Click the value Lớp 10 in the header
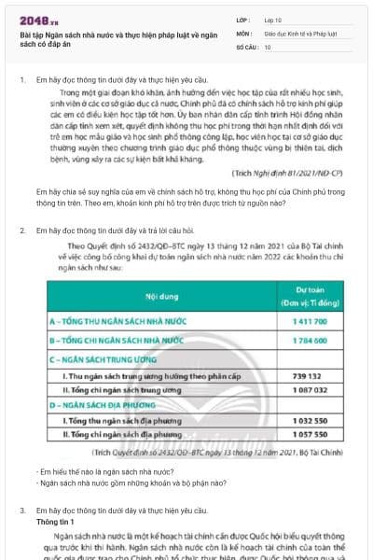click(x=273, y=19)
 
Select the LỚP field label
click(x=242, y=19)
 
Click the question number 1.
click(x=21, y=81)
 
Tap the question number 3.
click(x=21, y=511)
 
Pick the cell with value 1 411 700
click(x=310, y=321)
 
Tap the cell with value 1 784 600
click(x=310, y=341)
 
